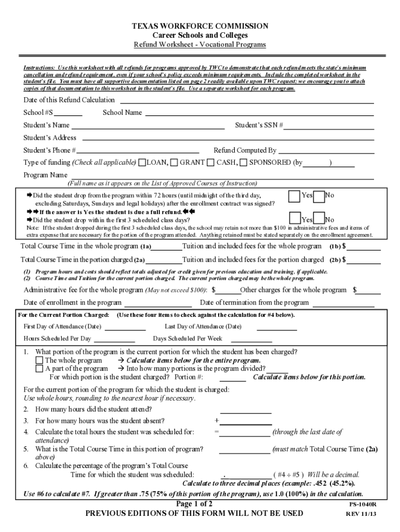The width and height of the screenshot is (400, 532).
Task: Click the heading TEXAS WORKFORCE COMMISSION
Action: click(x=200, y=26)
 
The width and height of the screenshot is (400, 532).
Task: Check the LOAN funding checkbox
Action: click(x=142, y=163)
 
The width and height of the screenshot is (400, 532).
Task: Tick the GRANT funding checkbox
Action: click(x=175, y=163)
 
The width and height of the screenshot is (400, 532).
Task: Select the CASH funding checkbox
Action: click(x=211, y=163)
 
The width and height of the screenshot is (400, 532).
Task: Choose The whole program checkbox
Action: click(x=39, y=360)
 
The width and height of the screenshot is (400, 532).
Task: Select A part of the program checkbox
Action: click(x=39, y=368)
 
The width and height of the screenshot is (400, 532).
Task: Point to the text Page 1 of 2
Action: click(x=195, y=504)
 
